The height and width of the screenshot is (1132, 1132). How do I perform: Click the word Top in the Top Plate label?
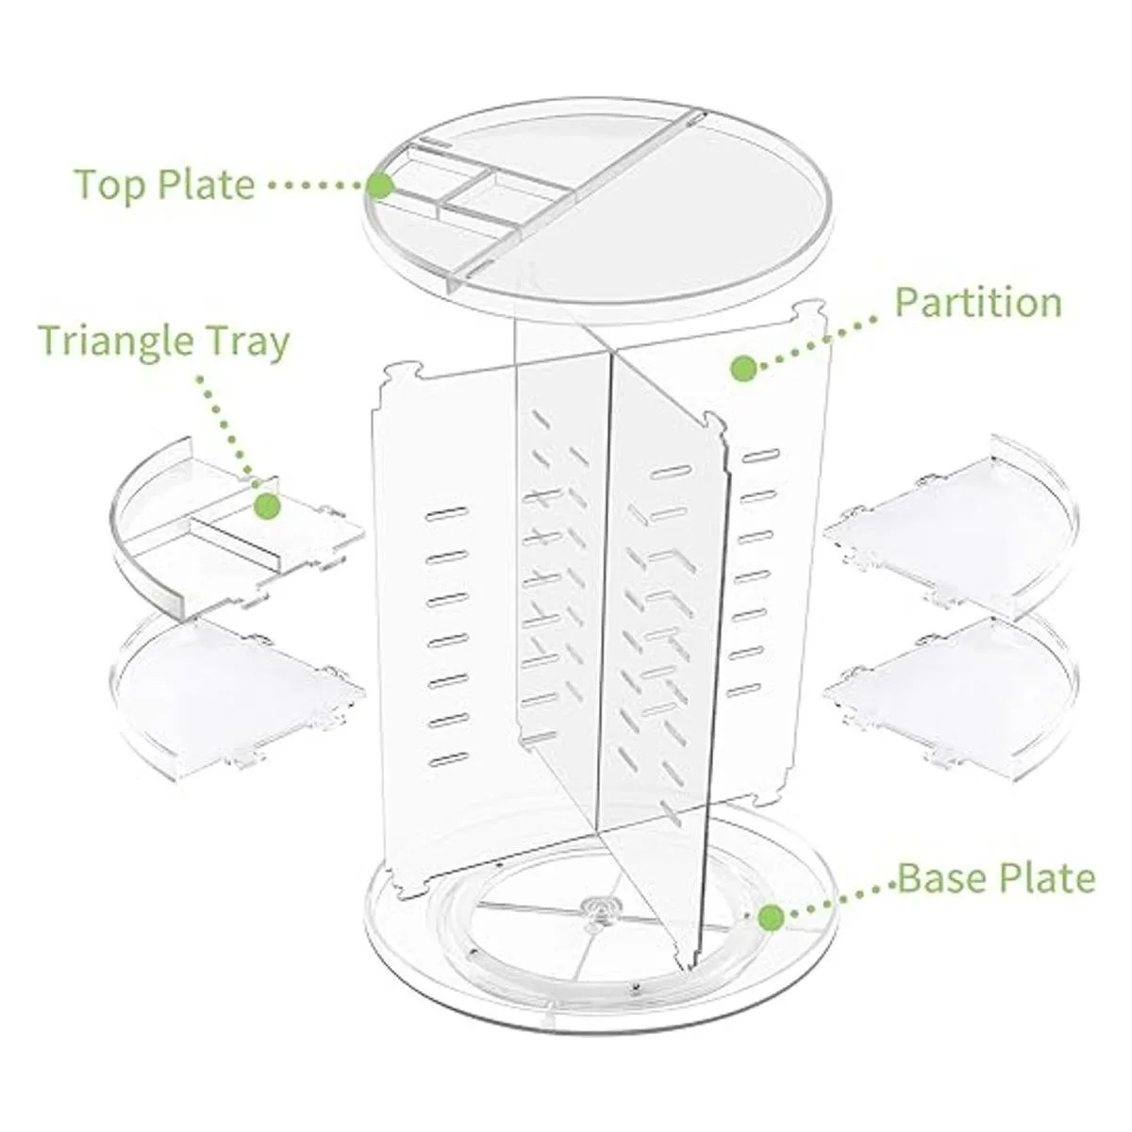coord(110,185)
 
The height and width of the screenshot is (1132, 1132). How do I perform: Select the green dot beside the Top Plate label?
coord(381,186)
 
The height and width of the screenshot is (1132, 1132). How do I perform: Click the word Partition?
coord(978,303)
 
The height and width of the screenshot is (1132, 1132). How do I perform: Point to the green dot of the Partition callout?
coord(743,369)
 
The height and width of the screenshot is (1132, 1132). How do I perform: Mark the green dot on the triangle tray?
coord(268,506)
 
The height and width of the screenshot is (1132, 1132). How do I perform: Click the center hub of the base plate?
coord(598,920)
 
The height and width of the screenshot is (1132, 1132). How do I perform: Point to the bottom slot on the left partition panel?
coord(449,758)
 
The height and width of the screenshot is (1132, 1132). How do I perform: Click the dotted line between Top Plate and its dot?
coord(314,186)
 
